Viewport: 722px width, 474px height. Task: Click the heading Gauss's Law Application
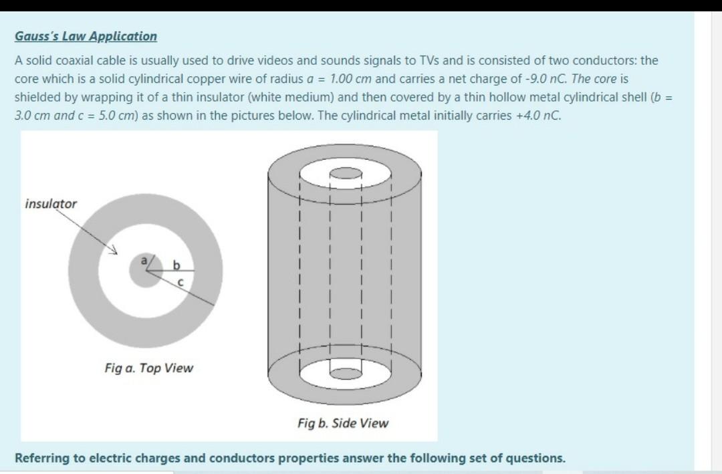point(86,37)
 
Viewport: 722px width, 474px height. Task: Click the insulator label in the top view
point(51,203)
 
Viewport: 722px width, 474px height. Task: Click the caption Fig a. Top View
point(148,368)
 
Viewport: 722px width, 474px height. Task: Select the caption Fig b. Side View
point(343,423)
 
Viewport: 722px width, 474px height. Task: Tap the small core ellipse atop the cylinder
point(345,173)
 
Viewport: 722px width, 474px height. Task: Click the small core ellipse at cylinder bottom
point(345,369)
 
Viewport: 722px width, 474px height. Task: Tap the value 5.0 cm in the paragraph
point(96,114)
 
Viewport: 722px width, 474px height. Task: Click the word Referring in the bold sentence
point(42,459)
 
